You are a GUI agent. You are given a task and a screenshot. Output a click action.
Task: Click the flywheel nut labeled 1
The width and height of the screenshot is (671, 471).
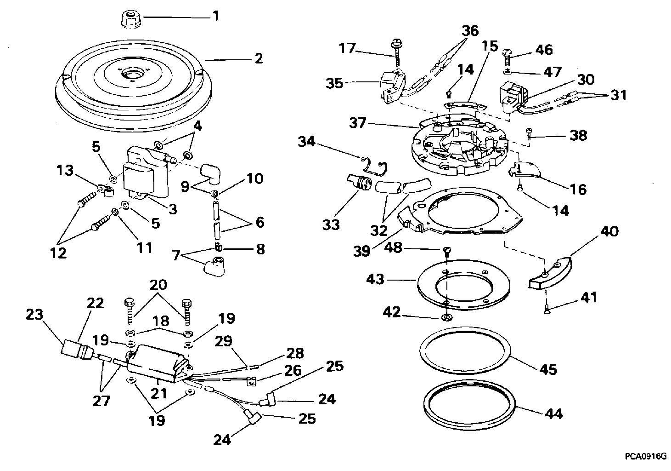coord(132,18)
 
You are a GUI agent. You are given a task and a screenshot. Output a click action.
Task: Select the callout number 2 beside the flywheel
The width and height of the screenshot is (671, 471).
coord(259,58)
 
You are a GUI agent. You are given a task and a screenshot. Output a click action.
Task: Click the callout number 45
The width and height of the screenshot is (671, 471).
coord(548,369)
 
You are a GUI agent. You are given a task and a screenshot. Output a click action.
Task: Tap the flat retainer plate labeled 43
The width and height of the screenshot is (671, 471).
coord(464,285)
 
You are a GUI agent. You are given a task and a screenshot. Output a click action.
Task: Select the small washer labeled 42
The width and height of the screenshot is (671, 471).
coord(446,317)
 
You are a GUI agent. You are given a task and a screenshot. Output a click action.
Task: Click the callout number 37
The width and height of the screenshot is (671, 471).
coord(358,123)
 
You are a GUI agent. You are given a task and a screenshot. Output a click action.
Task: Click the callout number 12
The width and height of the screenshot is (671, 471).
coord(58,253)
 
